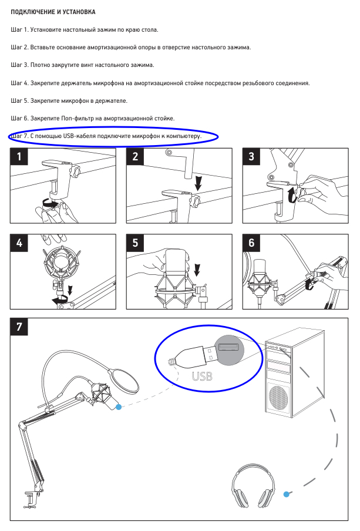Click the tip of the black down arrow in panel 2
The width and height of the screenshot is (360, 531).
[x=198, y=191]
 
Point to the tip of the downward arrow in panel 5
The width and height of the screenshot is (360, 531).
[x=197, y=276]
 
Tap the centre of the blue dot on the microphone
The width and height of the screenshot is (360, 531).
[x=119, y=407]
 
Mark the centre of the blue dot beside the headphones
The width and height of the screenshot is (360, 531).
[x=287, y=495]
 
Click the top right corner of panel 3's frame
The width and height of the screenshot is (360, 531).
[x=348, y=148]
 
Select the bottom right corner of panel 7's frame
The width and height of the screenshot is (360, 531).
[x=348, y=520]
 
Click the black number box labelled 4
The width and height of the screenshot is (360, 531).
[x=19, y=243]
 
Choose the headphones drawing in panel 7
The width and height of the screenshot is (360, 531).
[x=253, y=486]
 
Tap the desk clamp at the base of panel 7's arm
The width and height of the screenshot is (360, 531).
[x=32, y=499]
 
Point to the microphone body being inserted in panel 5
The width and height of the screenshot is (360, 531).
[x=176, y=270]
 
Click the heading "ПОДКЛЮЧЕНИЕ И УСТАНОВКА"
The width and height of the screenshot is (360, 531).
[x=53, y=12]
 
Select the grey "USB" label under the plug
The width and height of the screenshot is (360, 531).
[x=202, y=377]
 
